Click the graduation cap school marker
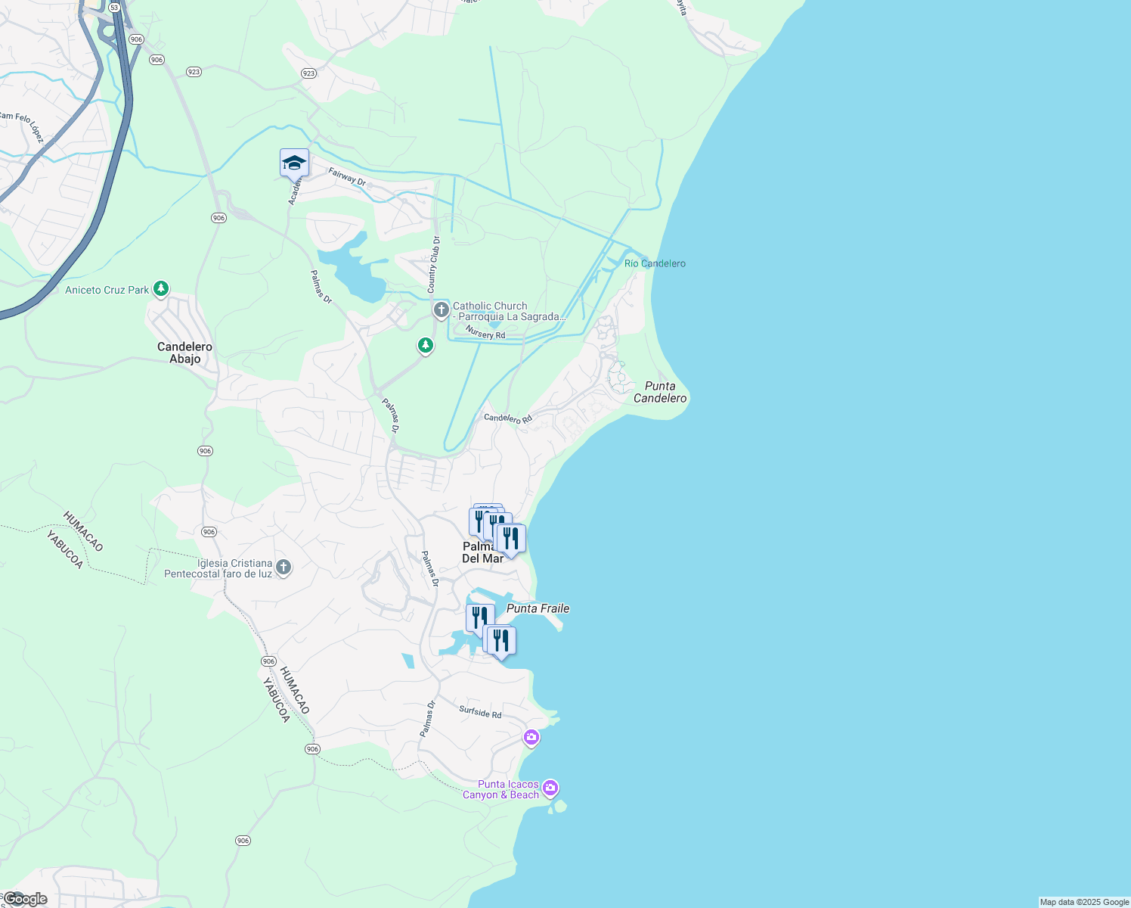[294, 163]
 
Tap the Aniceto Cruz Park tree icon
[160, 289]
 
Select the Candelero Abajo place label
[185, 353]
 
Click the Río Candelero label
[655, 263]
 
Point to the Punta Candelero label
[660, 392]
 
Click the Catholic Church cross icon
[442, 310]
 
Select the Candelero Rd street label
[508, 418]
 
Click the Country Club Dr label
[433, 265]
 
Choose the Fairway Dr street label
[347, 178]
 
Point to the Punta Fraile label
[538, 608]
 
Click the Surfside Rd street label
[480, 712]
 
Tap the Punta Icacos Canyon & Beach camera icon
[550, 788]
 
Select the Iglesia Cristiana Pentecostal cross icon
[284, 567]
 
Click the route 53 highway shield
[114, 7]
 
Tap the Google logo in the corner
[24, 899]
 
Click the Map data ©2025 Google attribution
[1084, 902]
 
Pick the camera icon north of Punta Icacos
[531, 737]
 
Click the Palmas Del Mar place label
[482, 552]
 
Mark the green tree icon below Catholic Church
[426, 346]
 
